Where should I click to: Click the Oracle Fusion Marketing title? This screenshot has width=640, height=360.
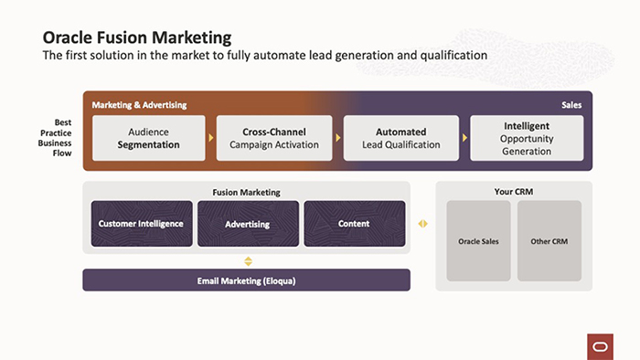click(136, 37)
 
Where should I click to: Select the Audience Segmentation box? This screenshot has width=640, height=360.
click(148, 138)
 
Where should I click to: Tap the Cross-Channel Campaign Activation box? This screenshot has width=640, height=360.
click(274, 138)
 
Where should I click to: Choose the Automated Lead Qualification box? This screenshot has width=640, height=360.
click(400, 138)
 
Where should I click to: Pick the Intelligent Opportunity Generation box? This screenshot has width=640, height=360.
click(527, 138)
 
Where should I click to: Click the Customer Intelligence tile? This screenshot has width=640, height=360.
click(141, 224)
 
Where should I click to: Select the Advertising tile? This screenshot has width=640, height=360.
click(247, 224)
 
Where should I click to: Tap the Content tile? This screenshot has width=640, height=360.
click(354, 224)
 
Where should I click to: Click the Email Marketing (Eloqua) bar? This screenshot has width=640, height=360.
click(247, 281)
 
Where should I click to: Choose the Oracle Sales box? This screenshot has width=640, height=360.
click(478, 241)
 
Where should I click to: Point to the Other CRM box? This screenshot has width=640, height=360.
click(549, 241)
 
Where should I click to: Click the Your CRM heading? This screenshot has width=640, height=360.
click(513, 192)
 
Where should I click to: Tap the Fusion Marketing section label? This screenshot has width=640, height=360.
click(246, 192)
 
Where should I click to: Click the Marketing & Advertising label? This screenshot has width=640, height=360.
click(139, 105)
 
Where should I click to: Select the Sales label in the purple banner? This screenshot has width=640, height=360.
click(571, 105)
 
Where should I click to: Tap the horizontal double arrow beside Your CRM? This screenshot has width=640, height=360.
click(422, 224)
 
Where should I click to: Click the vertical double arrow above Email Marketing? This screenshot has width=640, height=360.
click(247, 261)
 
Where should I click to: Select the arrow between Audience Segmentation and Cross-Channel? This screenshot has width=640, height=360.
click(211, 138)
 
